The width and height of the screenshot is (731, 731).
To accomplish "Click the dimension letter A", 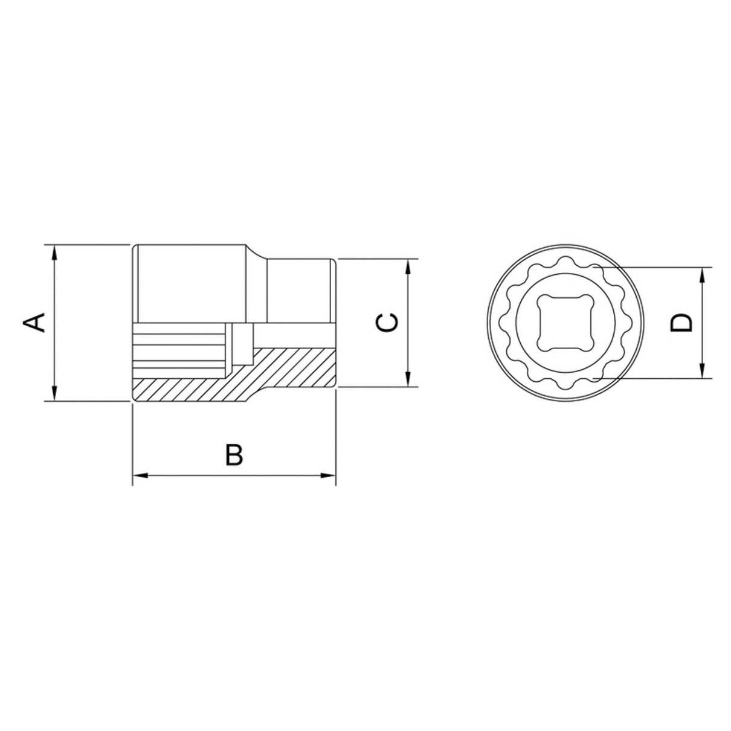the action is point(34,322).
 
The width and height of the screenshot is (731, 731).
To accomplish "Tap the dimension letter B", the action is point(234,454).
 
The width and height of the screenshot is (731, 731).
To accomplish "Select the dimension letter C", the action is point(387,323).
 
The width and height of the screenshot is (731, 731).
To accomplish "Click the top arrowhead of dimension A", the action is point(54,253).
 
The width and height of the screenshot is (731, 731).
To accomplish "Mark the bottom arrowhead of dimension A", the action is point(54,393).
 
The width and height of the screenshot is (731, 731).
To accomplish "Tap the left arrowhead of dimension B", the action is point(140,475).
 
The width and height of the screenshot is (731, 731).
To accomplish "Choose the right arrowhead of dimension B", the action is point(328,475).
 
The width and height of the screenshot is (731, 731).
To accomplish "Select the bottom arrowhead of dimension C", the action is point(408,379).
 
